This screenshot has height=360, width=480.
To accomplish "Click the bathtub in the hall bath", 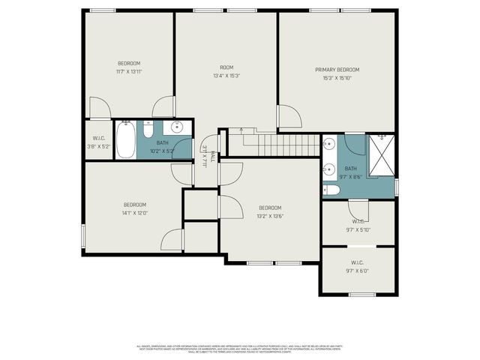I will (125, 138).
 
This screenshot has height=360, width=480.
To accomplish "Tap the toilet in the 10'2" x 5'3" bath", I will (148, 127).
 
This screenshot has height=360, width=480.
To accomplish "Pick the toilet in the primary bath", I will (331, 190).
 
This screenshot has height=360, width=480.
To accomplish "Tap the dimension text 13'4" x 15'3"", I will (226, 75).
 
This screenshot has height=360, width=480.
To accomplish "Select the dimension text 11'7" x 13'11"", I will (129, 71).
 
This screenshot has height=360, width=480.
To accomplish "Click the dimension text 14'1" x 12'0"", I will (135, 212).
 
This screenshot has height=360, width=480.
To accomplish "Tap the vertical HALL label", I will (212, 157).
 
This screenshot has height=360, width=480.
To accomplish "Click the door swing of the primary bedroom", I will (289, 117).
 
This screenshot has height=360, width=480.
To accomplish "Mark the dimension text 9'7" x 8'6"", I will (352, 177).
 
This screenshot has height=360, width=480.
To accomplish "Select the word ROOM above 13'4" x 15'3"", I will (226, 67).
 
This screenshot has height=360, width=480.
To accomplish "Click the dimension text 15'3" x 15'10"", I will (337, 77).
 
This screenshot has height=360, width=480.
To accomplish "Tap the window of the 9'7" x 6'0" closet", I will (361, 294).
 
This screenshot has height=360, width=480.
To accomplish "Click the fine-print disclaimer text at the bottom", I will (239, 349).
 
